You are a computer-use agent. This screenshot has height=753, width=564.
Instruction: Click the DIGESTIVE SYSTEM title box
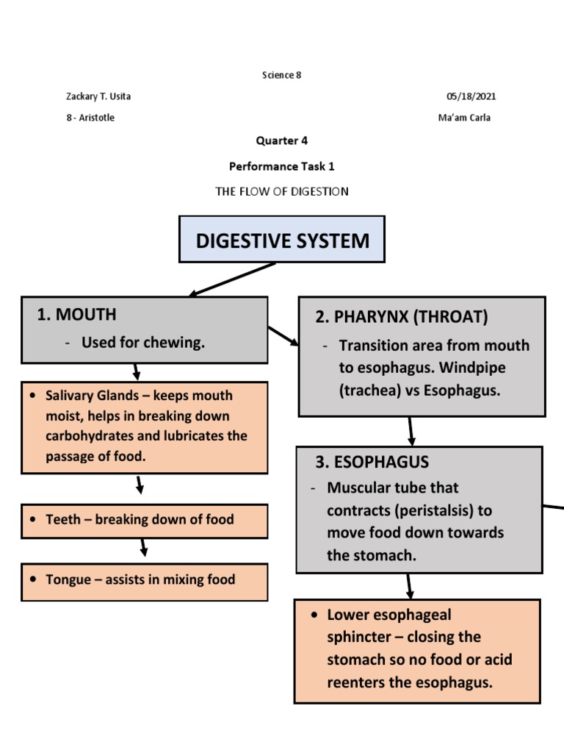tap(282, 240)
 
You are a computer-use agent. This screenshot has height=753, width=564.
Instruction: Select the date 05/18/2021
tap(476, 96)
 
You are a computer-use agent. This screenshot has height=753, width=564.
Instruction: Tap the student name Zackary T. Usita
tap(98, 96)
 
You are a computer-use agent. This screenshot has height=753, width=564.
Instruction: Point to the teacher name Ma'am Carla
tap(464, 118)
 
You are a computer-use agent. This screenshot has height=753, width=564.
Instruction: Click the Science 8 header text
tap(282, 75)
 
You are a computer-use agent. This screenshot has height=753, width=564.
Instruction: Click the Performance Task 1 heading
tap(282, 166)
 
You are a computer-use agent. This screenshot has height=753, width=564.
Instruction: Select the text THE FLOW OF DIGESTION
tap(282, 191)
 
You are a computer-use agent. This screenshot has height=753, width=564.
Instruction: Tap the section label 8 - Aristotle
tap(90, 118)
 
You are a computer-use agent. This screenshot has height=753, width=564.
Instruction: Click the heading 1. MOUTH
tap(76, 315)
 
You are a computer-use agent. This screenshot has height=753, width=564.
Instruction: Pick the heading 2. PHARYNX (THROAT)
tap(401, 317)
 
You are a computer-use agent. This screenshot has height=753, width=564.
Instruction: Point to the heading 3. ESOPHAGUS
tap(372, 462)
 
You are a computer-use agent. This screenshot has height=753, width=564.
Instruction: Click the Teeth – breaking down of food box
tap(145, 520)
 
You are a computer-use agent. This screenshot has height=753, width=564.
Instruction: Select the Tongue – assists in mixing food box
tap(145, 580)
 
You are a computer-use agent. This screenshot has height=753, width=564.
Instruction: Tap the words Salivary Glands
tap(92, 396)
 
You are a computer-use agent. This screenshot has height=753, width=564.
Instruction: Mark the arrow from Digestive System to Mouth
tap(232, 279)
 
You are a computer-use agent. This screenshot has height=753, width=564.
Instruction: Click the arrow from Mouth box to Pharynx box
tap(283, 336)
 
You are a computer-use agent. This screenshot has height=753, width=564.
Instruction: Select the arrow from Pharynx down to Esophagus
tap(412, 431)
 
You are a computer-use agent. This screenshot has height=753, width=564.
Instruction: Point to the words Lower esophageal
tap(389, 614)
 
